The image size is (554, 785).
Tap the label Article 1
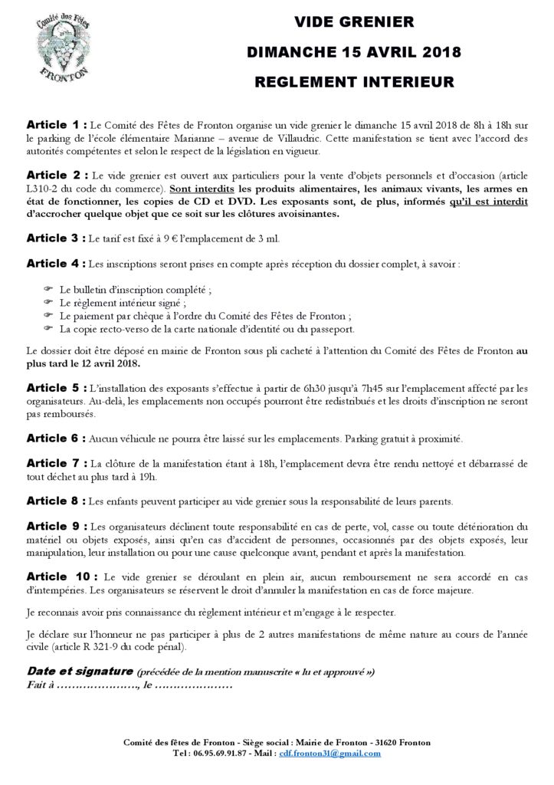56,124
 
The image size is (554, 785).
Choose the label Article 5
56,389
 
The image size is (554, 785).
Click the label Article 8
56,501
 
